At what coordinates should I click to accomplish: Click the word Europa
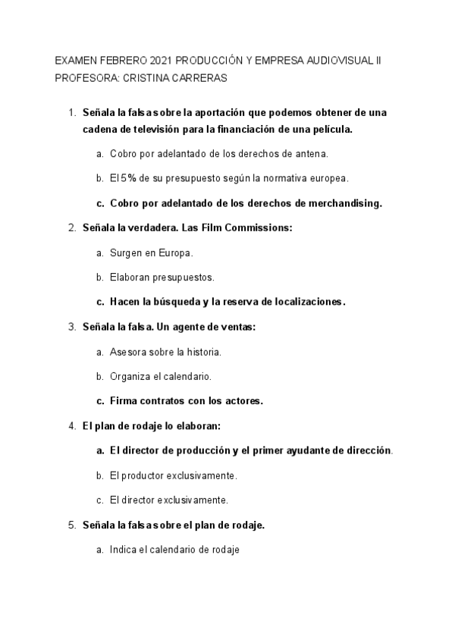(x=174, y=252)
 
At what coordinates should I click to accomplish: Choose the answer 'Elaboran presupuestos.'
(x=162, y=277)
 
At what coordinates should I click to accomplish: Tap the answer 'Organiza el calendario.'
(x=160, y=376)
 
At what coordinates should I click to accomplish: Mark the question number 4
(x=71, y=425)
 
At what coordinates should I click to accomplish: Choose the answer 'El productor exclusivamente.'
(x=173, y=475)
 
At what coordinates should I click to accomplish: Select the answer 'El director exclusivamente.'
(x=169, y=500)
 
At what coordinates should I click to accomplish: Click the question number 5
(x=71, y=524)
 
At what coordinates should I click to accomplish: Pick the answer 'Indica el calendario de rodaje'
(x=174, y=549)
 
